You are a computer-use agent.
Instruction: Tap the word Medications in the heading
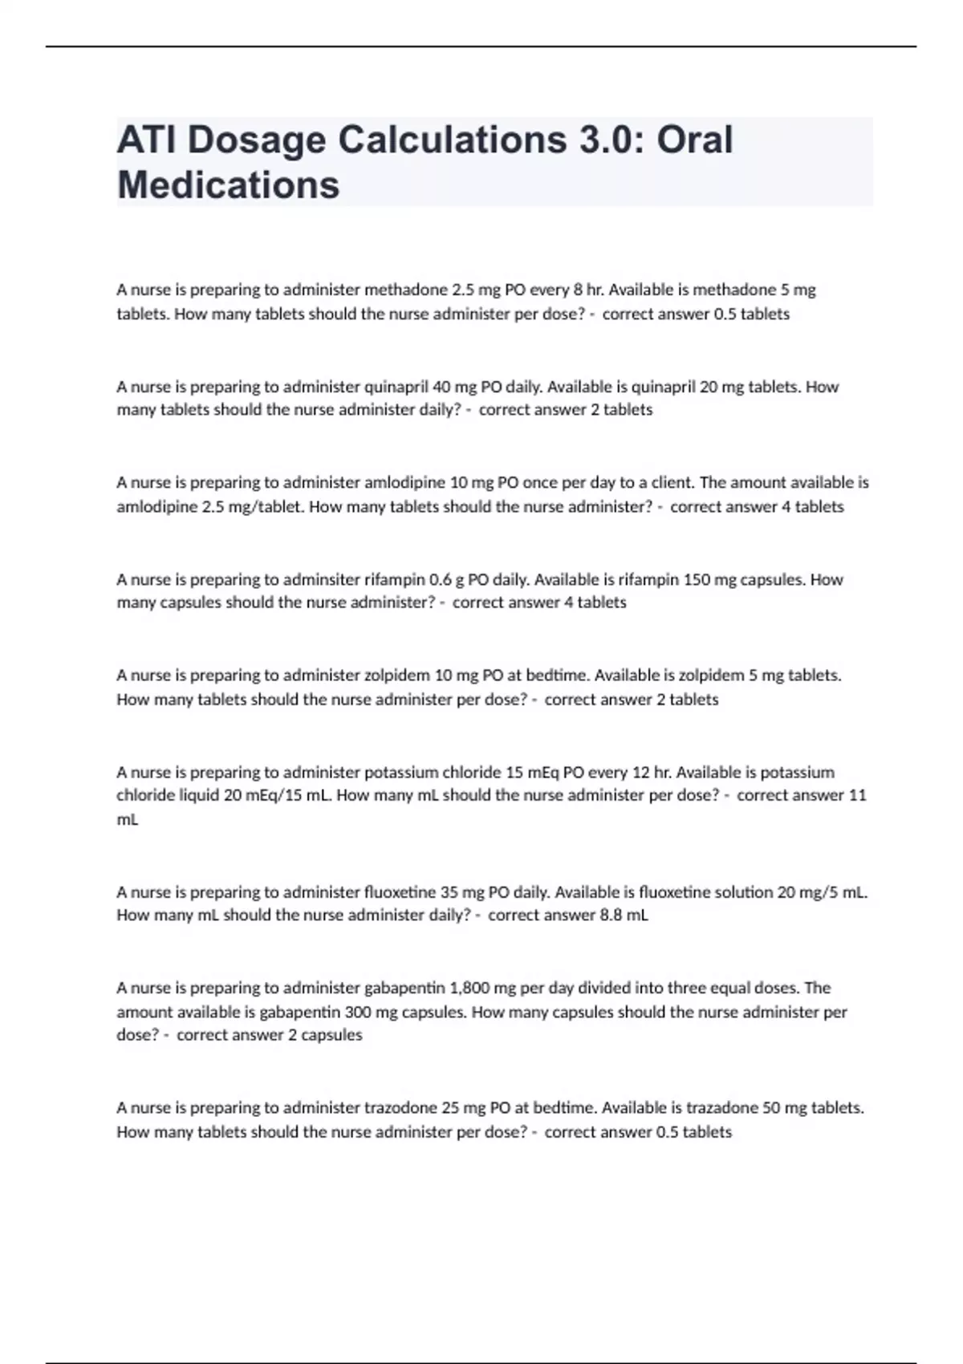pos(229,185)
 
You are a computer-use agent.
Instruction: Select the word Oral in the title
pos(694,140)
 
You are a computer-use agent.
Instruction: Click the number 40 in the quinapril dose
pos(441,387)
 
